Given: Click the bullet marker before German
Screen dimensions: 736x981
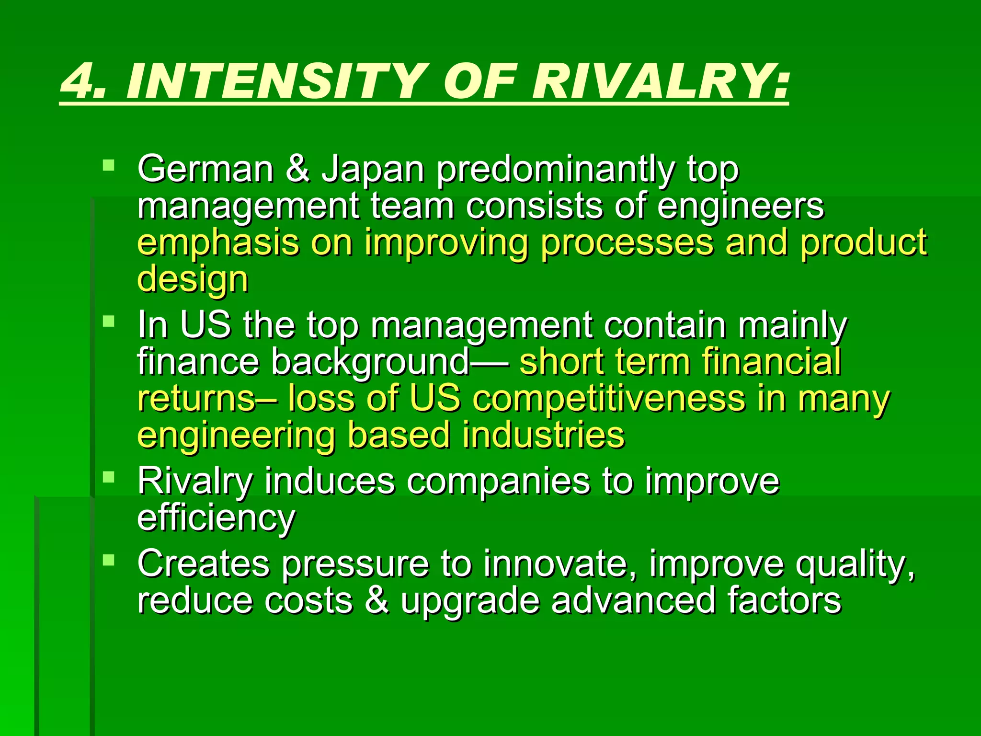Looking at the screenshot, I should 109,166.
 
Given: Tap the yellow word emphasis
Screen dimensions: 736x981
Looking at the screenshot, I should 218,243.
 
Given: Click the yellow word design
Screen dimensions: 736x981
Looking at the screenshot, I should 193,280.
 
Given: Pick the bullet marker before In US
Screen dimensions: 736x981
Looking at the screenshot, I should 109,321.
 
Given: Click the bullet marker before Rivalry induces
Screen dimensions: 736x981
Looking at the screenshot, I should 109,477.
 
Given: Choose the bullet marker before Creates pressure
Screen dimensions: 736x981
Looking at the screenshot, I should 109,559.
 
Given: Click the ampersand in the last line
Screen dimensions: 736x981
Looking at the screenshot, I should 377,600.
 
